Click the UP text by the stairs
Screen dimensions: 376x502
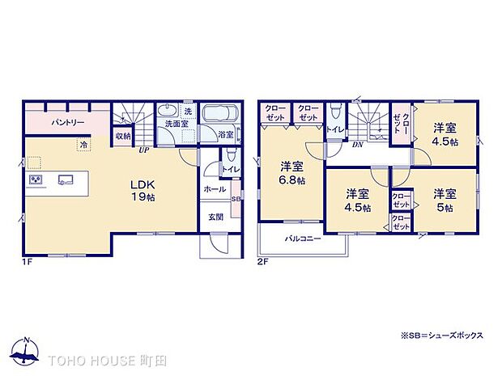(x=143, y=150)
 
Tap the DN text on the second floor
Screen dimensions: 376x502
(x=357, y=146)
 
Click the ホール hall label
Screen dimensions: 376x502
(x=215, y=188)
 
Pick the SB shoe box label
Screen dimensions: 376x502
(x=236, y=198)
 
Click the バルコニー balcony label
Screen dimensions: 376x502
(x=303, y=239)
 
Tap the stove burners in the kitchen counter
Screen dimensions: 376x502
(x=36, y=180)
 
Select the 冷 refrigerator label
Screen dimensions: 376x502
(x=83, y=145)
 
